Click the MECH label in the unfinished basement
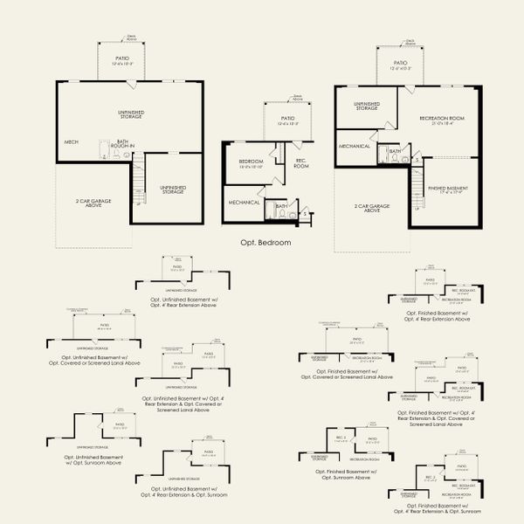72,141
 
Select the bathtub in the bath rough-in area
101,149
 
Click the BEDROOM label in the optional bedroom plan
251,162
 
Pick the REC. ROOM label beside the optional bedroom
301,162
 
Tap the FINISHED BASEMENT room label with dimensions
446,190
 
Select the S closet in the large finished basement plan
417,160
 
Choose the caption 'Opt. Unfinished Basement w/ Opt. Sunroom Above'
99,458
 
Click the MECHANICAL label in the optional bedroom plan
245,203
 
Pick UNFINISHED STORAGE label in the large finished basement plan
366,106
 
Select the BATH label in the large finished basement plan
395,151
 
